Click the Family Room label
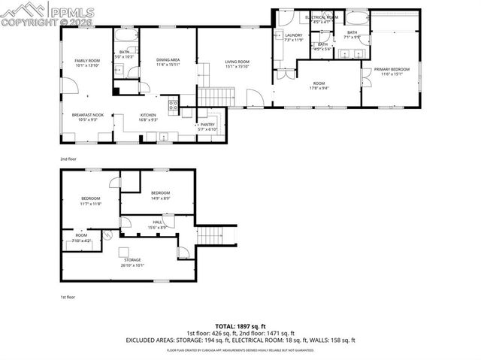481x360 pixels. coord(86,62)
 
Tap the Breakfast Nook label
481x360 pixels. coord(86,116)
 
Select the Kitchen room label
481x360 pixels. coord(148,116)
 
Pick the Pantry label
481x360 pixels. coord(207,126)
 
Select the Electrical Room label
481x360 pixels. coord(321,17)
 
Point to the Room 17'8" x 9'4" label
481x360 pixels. coord(319,85)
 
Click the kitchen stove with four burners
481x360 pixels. coord(173,106)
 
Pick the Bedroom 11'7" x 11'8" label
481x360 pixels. coord(89,201)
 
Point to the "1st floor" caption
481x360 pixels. coord(68,297)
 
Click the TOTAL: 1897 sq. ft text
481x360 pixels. coord(240,325)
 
